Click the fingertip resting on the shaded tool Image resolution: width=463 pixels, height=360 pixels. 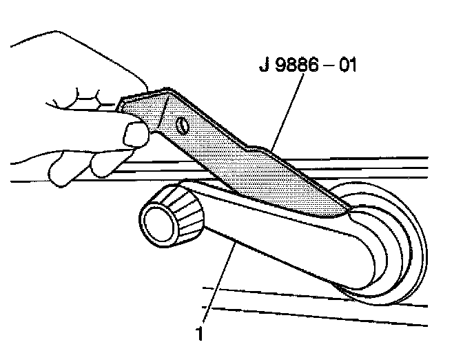point(134,132)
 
